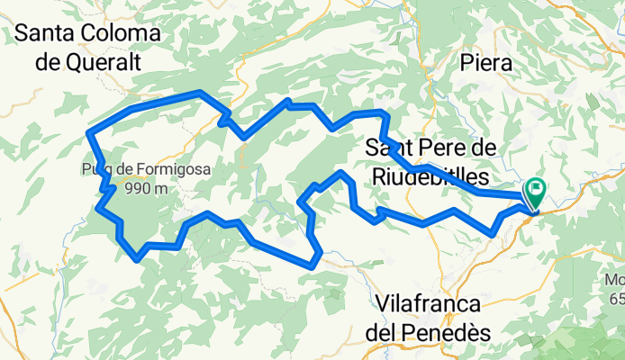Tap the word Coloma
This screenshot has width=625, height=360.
pos(125,34)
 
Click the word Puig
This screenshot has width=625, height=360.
pos(94,168)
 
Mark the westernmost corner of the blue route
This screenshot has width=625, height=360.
pos(88,133)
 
